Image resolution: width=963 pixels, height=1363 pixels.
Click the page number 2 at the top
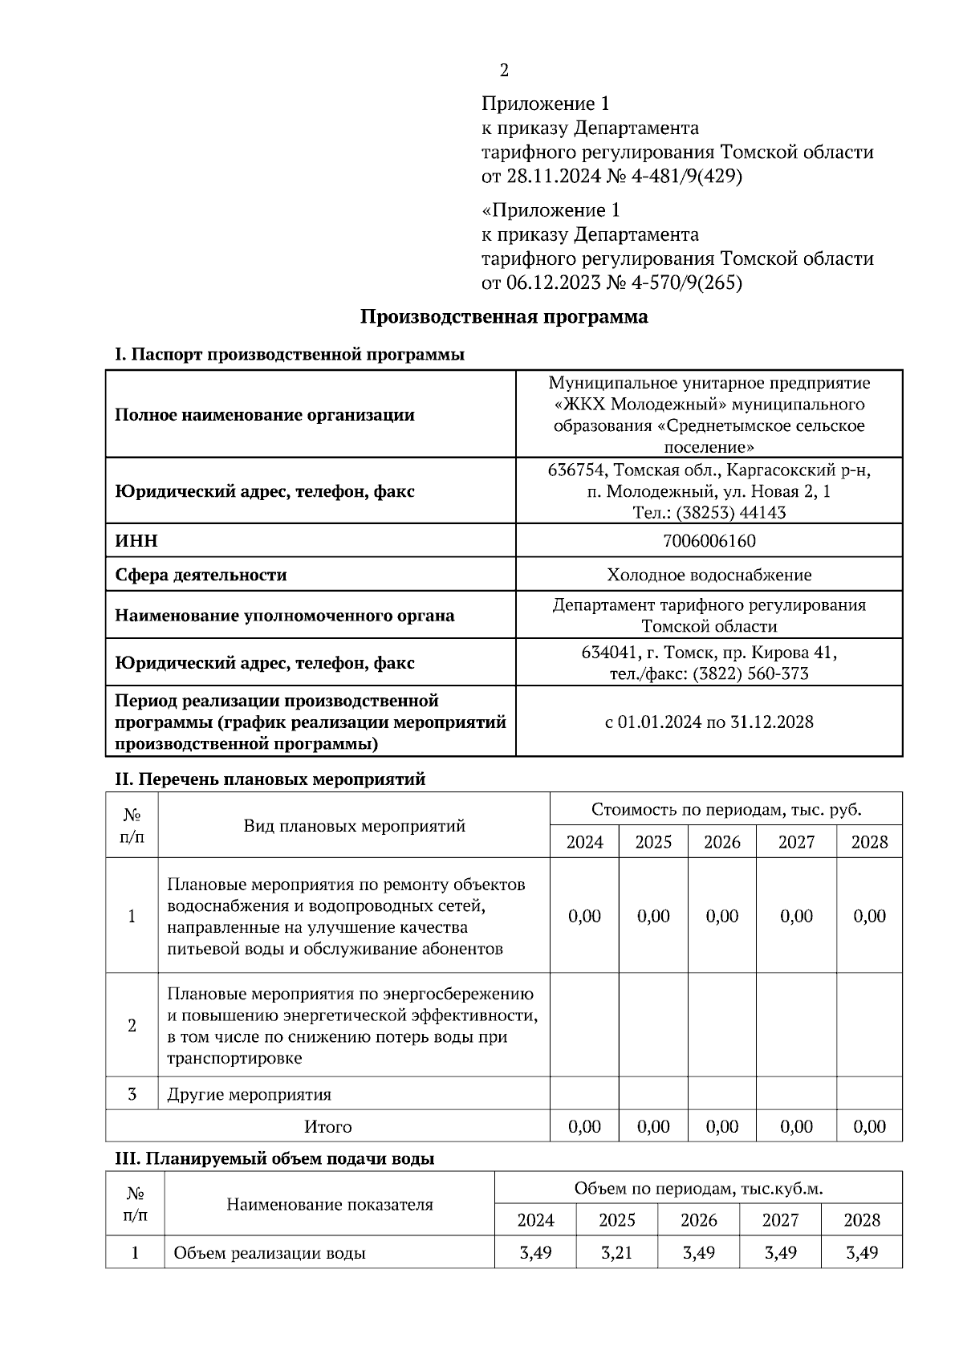pyautogui.click(x=504, y=71)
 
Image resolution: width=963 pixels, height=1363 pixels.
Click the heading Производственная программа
pyautogui.click(x=503, y=316)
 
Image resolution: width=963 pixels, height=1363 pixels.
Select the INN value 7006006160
pyautogui.click(x=709, y=541)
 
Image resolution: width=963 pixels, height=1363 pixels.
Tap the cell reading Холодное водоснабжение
pyautogui.click(x=709, y=575)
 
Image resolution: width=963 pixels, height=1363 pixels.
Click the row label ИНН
pyautogui.click(x=136, y=541)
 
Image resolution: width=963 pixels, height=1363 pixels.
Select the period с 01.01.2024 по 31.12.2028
pyautogui.click(x=709, y=722)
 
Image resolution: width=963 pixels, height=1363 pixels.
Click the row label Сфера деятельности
pyautogui.click(x=201, y=575)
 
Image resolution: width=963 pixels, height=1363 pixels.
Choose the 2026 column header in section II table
pyautogui.click(x=721, y=842)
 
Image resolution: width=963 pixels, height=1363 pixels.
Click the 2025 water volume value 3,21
pyautogui.click(x=616, y=1252)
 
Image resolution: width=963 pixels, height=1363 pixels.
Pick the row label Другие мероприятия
pyautogui.click(x=249, y=1094)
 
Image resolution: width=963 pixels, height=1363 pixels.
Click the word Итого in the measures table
pyautogui.click(x=327, y=1126)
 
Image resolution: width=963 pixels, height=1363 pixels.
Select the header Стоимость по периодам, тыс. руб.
pyautogui.click(x=725, y=809)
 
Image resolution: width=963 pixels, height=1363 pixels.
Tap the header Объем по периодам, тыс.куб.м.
pyautogui.click(x=698, y=1188)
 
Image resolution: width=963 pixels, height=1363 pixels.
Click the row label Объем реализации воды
pyautogui.click(x=270, y=1252)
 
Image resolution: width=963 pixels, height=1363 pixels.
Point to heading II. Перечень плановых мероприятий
pyautogui.click(x=270, y=779)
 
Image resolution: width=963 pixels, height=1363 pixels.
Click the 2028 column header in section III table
pyautogui.click(x=861, y=1220)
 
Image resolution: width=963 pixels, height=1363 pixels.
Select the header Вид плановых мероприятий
pyautogui.click(x=354, y=826)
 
